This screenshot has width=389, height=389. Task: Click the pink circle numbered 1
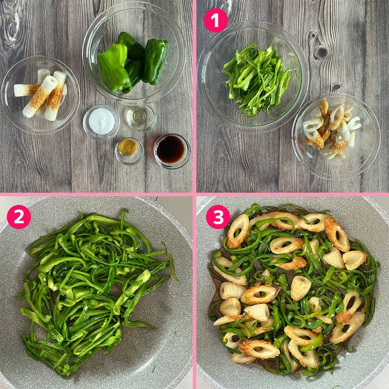click(216, 21)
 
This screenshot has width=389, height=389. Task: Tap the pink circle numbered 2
click(19, 217)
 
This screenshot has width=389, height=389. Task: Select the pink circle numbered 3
click(218, 217)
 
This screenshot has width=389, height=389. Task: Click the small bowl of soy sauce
click(172, 151)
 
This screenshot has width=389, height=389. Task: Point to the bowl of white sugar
click(101, 122)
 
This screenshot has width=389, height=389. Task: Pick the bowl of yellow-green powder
click(129, 151)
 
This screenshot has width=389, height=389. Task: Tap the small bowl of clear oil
click(141, 117)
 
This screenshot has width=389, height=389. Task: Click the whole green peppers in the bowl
click(133, 62)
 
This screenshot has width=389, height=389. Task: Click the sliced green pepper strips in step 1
click(256, 79)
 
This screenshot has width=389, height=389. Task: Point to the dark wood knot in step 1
click(321, 52)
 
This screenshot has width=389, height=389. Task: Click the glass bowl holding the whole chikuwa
click(41, 95)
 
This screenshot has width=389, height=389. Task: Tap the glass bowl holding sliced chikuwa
click(336, 136)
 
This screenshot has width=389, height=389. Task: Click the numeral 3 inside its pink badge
click(218, 217)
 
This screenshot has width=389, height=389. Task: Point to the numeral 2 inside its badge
click(19, 217)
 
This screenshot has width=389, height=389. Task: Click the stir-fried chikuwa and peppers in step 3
click(293, 288)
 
